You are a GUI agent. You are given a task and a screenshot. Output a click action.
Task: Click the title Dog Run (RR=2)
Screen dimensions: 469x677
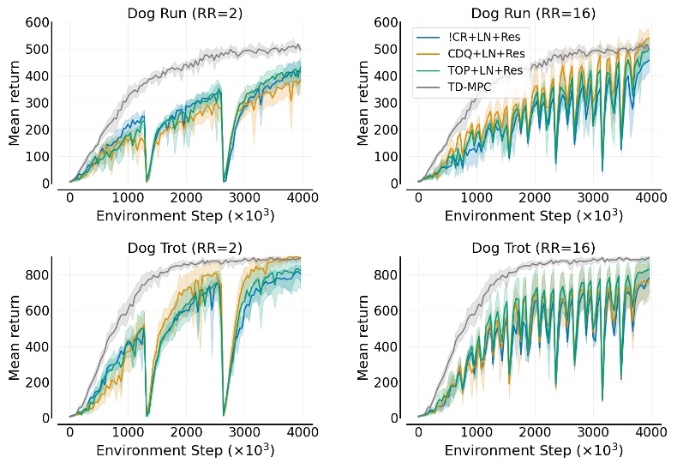[x=185, y=13]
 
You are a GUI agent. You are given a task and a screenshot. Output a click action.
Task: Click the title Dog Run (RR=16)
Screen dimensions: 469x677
[x=533, y=13]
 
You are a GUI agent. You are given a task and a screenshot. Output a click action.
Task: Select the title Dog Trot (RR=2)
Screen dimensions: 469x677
[x=185, y=248]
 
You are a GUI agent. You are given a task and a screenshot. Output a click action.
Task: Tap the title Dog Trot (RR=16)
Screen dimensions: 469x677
[x=533, y=248]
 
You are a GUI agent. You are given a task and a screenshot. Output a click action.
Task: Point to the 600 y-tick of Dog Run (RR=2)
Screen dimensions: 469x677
[x=38, y=22]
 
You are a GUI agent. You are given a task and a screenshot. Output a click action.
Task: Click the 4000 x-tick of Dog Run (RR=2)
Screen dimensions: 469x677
[x=302, y=197]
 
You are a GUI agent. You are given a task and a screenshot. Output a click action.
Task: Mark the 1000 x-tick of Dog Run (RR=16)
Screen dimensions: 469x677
[x=476, y=197]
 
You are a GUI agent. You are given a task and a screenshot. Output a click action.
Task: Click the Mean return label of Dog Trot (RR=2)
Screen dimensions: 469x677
[x=15, y=338]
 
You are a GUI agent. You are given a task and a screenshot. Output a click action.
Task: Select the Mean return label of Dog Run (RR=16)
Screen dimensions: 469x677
[x=363, y=103]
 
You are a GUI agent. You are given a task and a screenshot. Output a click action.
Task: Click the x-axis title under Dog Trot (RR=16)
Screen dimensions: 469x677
[x=533, y=450]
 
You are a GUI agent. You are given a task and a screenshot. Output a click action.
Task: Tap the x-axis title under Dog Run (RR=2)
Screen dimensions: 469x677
[x=185, y=215]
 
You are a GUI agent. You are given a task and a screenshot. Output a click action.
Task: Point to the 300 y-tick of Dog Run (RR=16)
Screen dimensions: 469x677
[x=386, y=103]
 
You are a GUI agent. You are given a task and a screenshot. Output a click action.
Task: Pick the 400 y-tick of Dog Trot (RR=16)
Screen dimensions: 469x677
[x=386, y=346]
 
